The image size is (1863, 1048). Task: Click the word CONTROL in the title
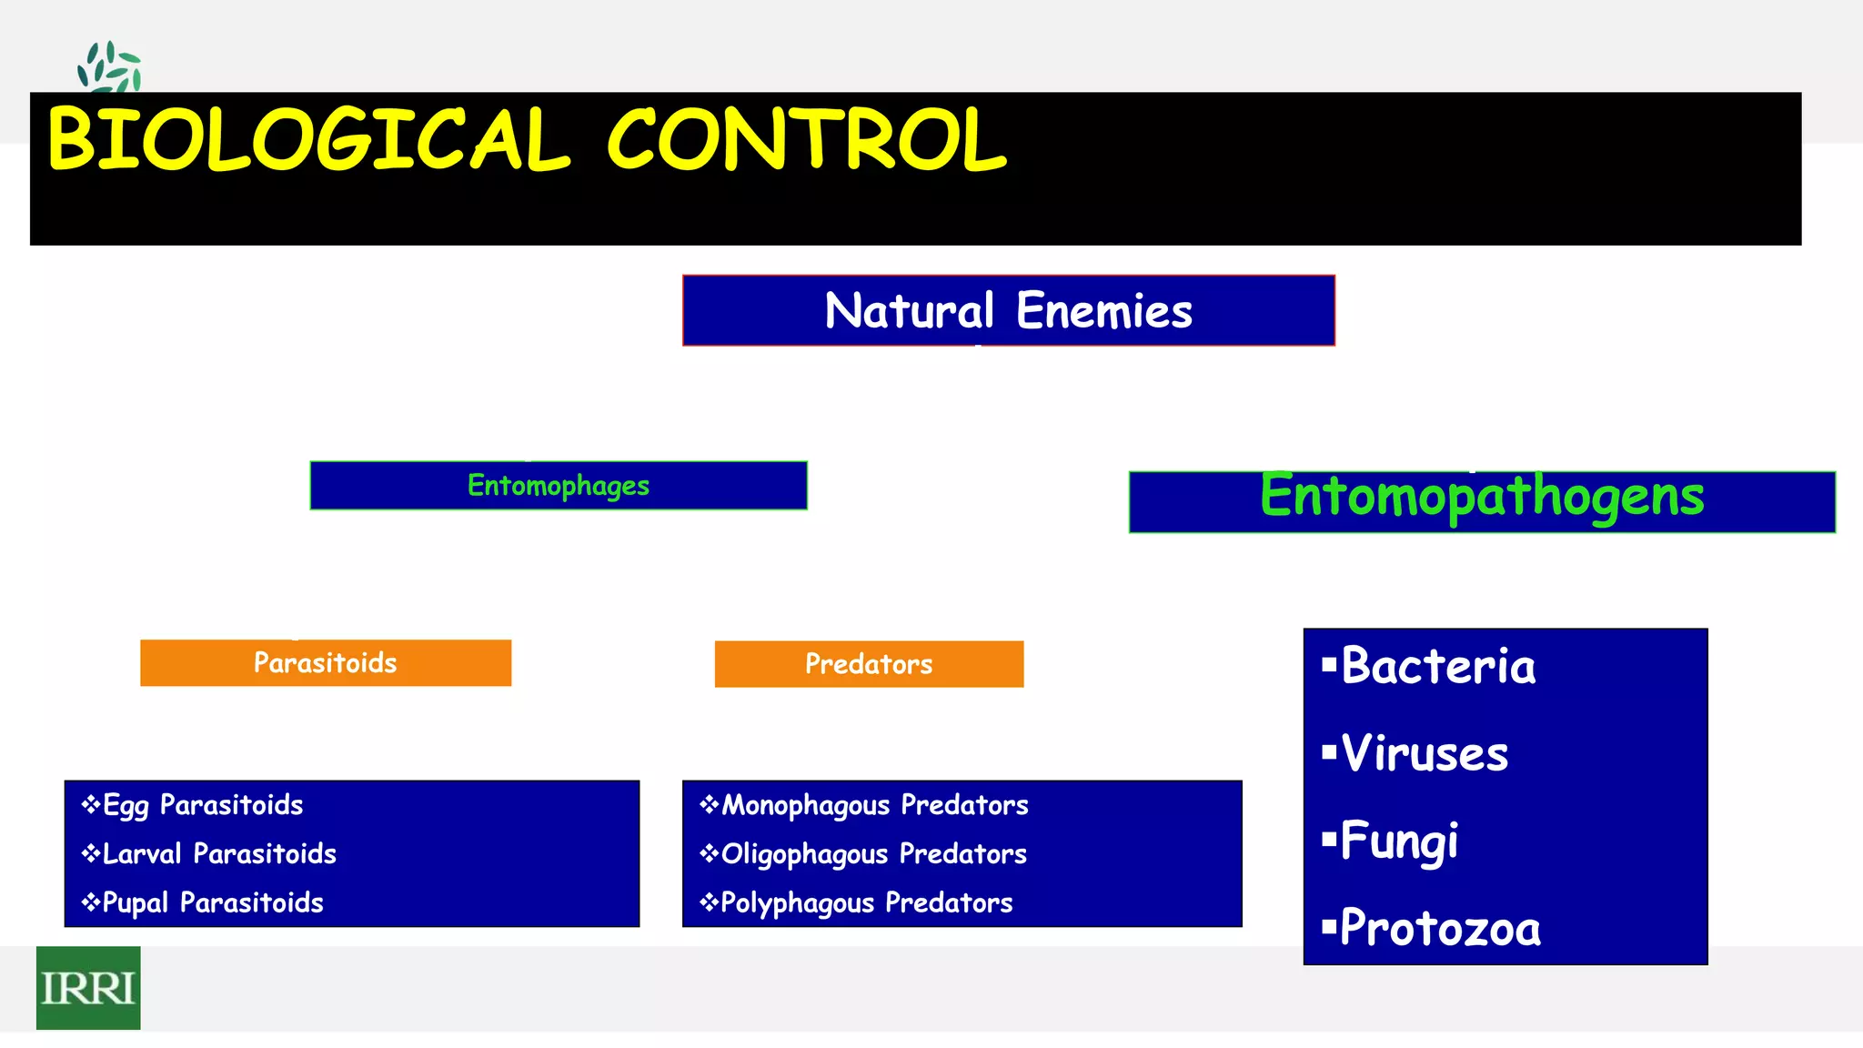tap(806, 140)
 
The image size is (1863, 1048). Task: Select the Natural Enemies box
tap(1008, 310)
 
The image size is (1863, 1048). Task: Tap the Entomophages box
tap(558, 486)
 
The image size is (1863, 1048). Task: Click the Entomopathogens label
tap(1481, 498)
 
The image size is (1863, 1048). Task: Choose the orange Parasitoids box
tap(325, 663)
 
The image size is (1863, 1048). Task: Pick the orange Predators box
tap(869, 664)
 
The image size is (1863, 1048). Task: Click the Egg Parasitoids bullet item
tap(202, 805)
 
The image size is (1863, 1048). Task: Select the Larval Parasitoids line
tap(218, 854)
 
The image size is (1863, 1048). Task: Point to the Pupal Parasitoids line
tap(212, 902)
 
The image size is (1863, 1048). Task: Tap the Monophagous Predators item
tap(873, 805)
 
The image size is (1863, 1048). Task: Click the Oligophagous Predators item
tap(872, 854)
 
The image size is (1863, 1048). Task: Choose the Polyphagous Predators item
tap(865, 902)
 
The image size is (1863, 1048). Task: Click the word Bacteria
tap(1437, 666)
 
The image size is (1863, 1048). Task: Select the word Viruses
tap(1424, 753)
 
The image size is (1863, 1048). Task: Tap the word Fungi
tap(1398, 841)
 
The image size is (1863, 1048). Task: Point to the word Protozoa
tap(1440, 929)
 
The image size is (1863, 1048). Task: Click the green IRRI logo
tap(88, 988)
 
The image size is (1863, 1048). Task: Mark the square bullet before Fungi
tap(1329, 838)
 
